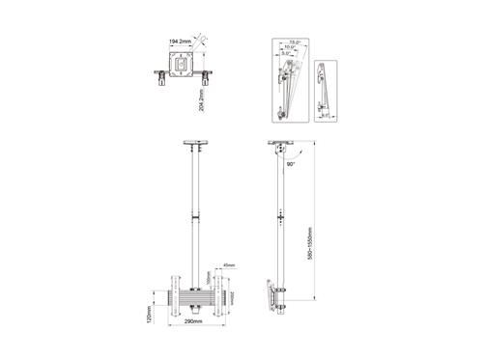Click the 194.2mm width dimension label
(x=179, y=42)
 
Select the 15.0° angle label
(x=294, y=42)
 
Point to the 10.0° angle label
(x=291, y=48)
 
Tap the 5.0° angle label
(x=287, y=55)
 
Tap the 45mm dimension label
(x=228, y=266)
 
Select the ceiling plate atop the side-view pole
(x=282, y=147)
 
